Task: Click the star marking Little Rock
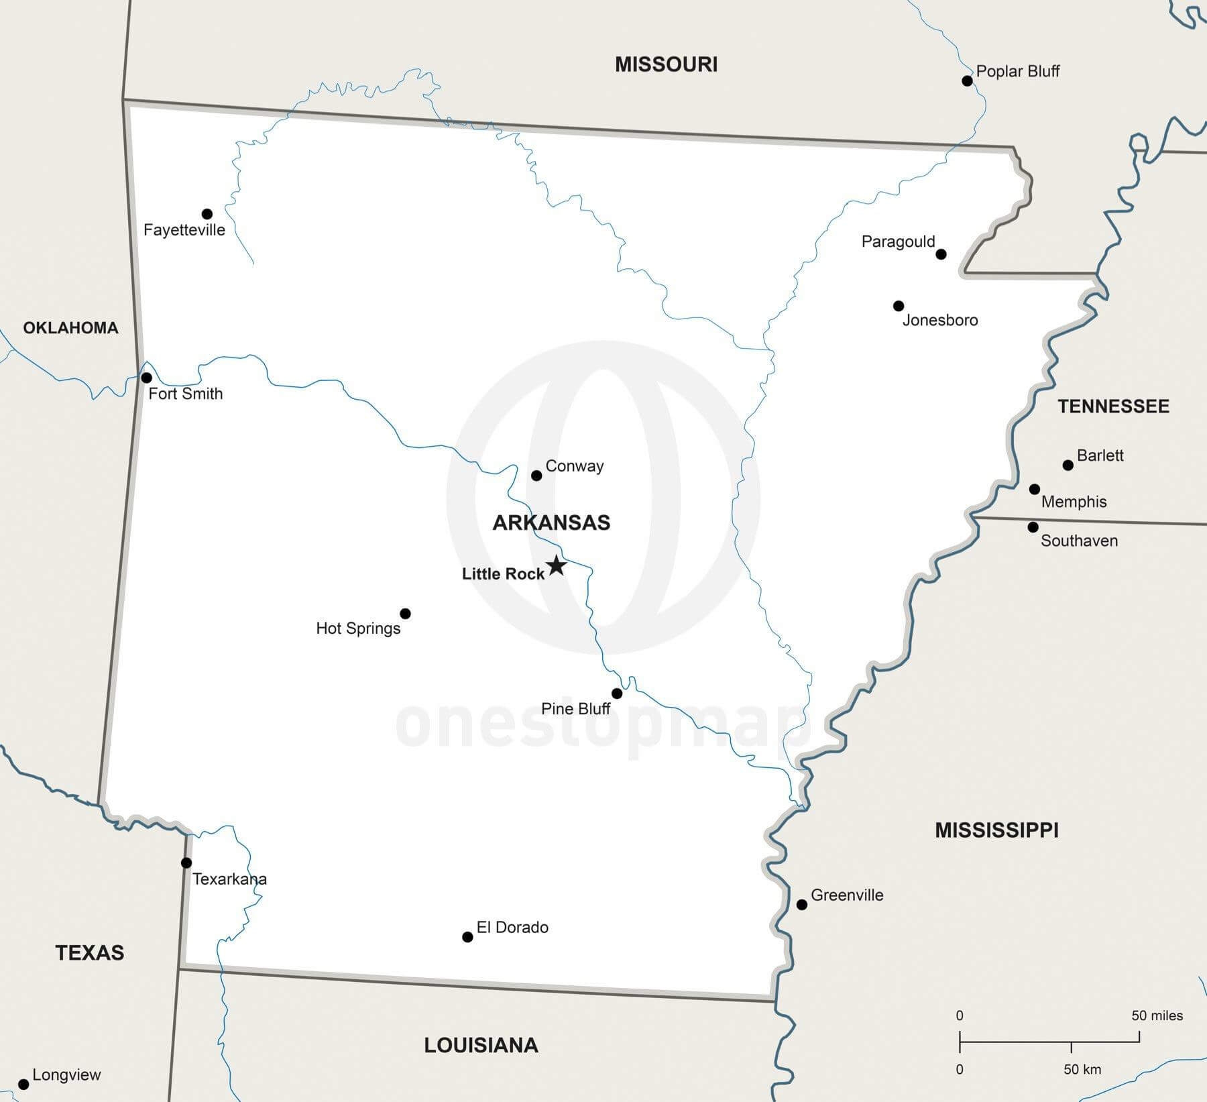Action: pos(556,565)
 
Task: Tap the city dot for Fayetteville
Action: pos(207,214)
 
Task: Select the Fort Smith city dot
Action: pos(147,378)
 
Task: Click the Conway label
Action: pos(574,466)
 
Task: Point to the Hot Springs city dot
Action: pos(405,614)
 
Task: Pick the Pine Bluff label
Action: pos(575,709)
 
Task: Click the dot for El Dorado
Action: pos(467,937)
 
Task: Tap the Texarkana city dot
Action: pos(186,863)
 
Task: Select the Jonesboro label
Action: pos(939,321)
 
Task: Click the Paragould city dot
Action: pos(941,254)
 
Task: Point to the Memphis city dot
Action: pos(1035,490)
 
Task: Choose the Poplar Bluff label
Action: pos(1017,71)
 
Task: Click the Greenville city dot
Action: pos(801,905)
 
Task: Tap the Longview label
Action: pos(66,1075)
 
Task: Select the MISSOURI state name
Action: pos(666,64)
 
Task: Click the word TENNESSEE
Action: pos(1113,406)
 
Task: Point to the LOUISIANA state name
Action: pos(481,1045)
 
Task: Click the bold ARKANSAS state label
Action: pos(551,523)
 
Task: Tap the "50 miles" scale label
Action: pos(1157,1015)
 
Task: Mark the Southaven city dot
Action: pos(1033,527)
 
